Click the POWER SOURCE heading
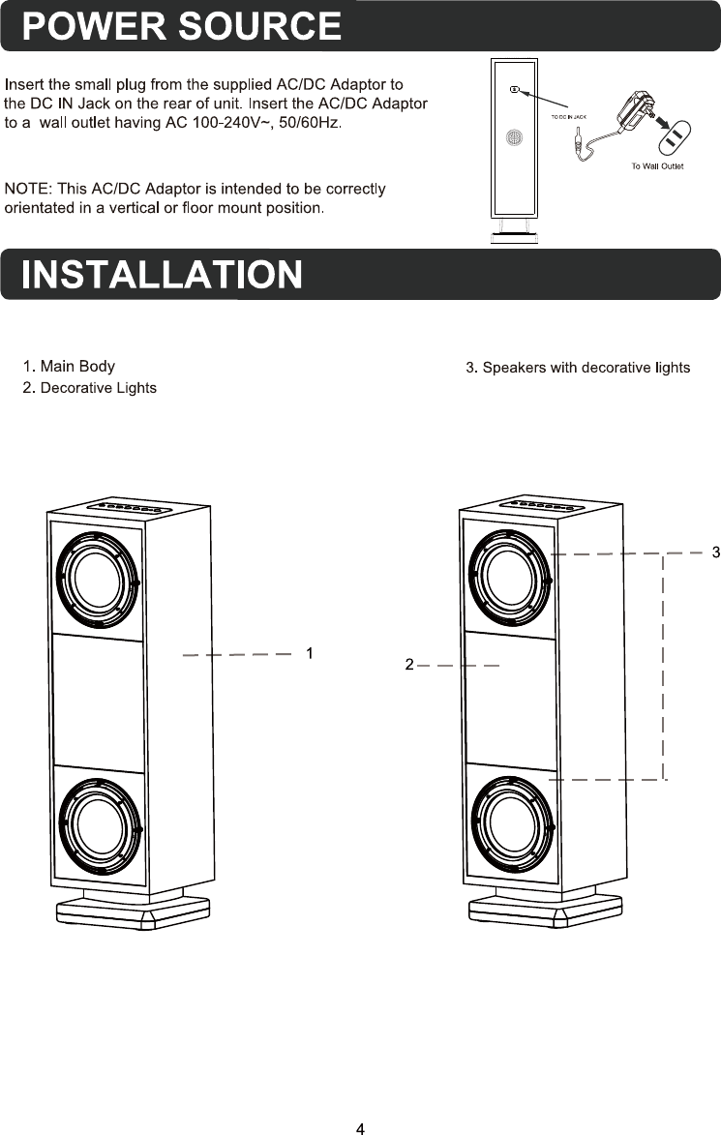(x=182, y=26)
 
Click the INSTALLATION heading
(x=162, y=275)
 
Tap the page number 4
(x=360, y=1127)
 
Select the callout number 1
(x=309, y=653)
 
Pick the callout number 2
(x=409, y=665)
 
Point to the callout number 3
(x=715, y=553)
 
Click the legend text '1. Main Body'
(x=69, y=367)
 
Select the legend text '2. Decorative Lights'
(x=89, y=388)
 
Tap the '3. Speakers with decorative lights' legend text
(x=578, y=368)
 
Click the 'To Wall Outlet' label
(x=657, y=166)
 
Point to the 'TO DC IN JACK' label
(x=569, y=116)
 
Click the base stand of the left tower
(x=133, y=911)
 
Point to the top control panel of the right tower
(x=543, y=505)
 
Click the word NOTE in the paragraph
(x=27, y=188)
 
